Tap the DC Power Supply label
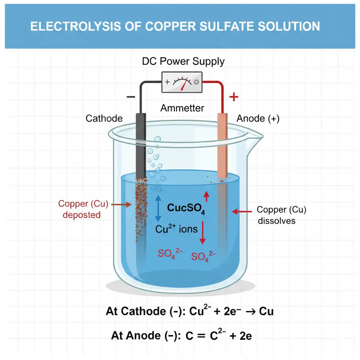183,62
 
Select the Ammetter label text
182,108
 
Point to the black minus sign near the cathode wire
130,97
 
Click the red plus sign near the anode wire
233,97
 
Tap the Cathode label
104,118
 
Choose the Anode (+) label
258,119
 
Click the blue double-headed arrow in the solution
157,208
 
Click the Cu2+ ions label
176,229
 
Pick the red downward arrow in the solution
202,233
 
